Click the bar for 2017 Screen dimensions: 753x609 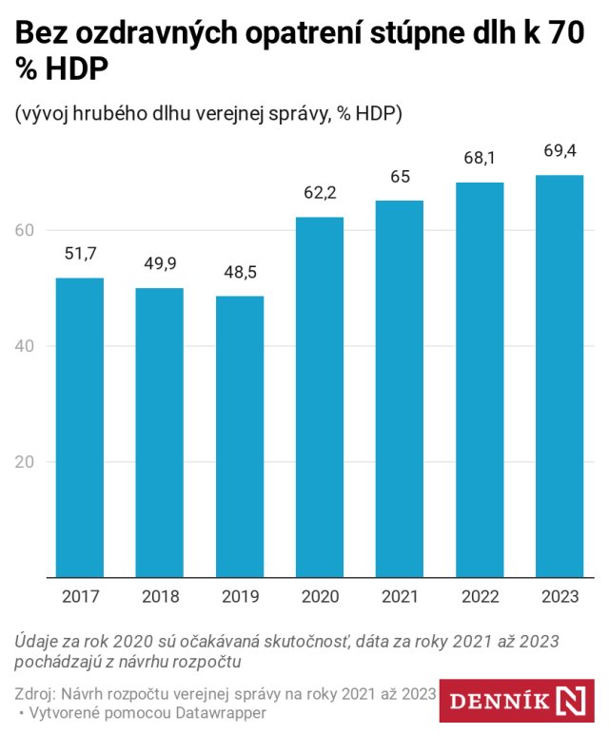tap(80, 427)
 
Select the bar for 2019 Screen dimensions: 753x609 tap(240, 436)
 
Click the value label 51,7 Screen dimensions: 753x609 tap(80, 254)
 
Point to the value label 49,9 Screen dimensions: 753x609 tap(160, 264)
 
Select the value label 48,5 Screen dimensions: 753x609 tap(240, 273)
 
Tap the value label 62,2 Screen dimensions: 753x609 tap(320, 193)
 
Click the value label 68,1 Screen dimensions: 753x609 tap(480, 159)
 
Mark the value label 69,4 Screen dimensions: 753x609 tap(560, 151)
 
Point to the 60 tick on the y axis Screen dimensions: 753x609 tap(25, 230)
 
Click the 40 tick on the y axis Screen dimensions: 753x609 tap(25, 346)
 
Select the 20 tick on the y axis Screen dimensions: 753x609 tap(25, 462)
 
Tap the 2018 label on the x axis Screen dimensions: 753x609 tap(160, 597)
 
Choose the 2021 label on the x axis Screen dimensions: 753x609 tap(400, 597)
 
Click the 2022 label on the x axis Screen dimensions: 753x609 tap(480, 597)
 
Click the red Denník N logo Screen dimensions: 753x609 tap(519, 701)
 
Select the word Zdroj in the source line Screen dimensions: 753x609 tap(38, 691)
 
